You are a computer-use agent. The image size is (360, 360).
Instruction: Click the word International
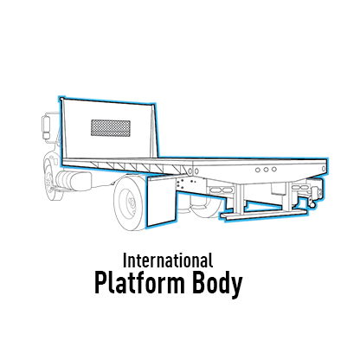pyautogui.click(x=168, y=260)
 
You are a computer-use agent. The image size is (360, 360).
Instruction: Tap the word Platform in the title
pyautogui.click(x=140, y=282)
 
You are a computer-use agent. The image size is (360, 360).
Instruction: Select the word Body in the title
pyautogui.click(x=217, y=284)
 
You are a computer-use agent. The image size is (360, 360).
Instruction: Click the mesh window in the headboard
pyautogui.click(x=111, y=128)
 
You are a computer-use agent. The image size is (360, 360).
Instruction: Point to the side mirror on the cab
pyautogui.click(x=46, y=127)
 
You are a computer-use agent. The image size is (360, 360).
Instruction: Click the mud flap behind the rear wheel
pyautogui.click(x=161, y=202)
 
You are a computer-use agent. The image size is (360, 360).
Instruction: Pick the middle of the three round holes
pyautogui.click(x=266, y=170)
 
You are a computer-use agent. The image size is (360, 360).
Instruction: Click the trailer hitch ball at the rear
pyautogui.click(x=312, y=204)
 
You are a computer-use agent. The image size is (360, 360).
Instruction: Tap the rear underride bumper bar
pyautogui.click(x=263, y=215)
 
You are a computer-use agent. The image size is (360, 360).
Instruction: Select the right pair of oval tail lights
pyautogui.click(x=300, y=188)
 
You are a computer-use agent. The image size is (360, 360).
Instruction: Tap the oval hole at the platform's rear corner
pyautogui.click(x=324, y=169)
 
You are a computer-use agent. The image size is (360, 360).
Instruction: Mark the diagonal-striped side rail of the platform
pyautogui.click(x=127, y=167)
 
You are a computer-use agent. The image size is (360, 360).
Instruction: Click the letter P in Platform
pyautogui.click(x=101, y=282)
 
